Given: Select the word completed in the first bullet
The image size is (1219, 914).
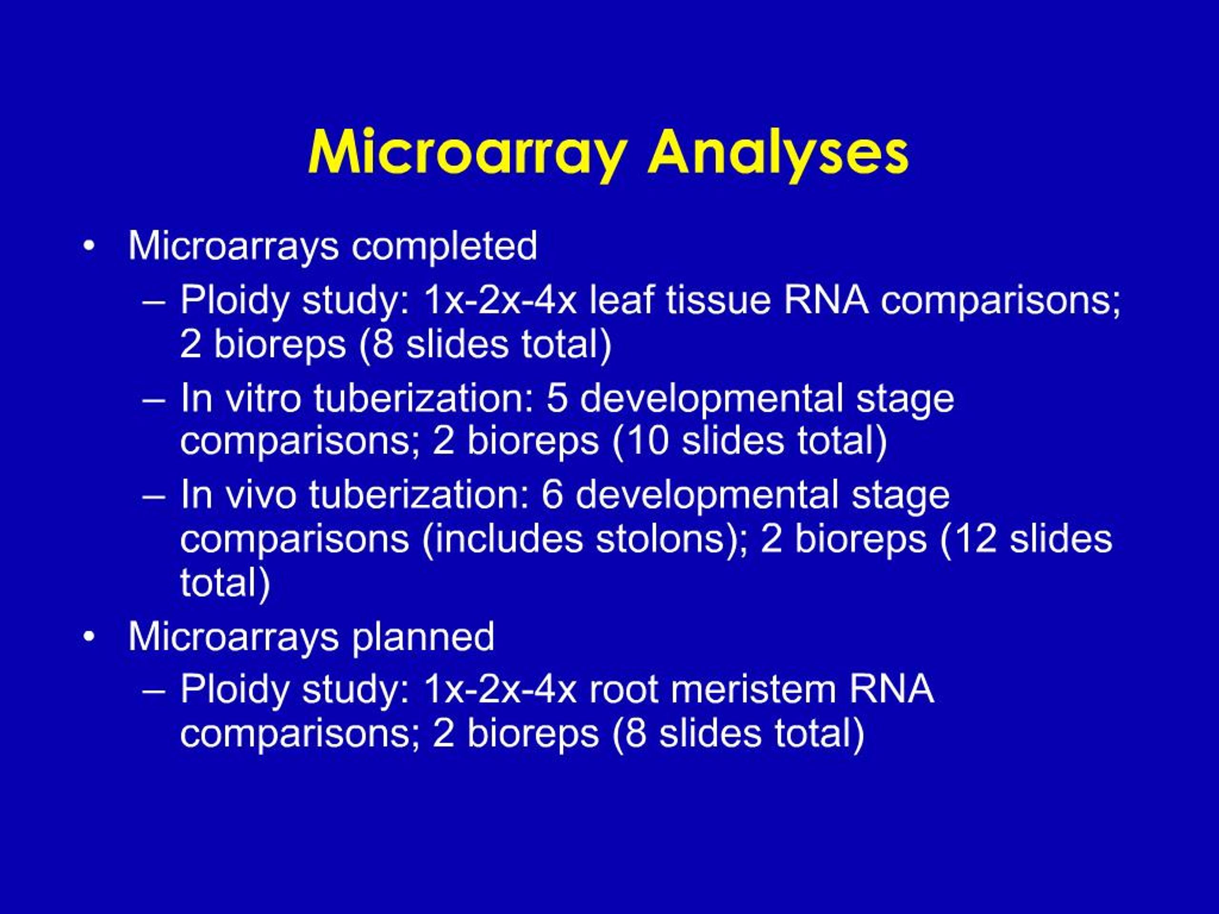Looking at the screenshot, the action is point(444,247).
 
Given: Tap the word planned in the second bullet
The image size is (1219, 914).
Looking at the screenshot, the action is point(423,637).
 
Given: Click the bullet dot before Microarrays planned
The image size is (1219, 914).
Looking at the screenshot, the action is point(89,638).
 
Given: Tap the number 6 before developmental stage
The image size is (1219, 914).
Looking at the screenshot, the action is point(552,495).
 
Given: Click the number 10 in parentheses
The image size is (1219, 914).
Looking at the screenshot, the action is point(647,441).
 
